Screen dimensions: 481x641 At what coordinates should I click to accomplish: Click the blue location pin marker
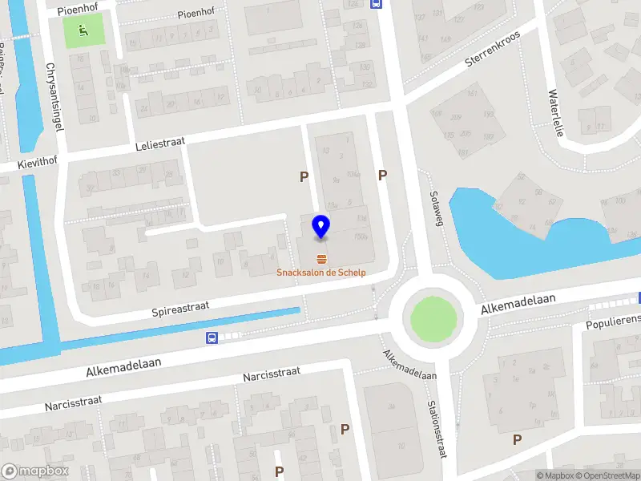(x=321, y=227)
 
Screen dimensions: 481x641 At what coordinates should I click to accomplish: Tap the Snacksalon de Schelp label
(x=321, y=273)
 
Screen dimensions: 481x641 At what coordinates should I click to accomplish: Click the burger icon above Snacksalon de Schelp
(x=321, y=258)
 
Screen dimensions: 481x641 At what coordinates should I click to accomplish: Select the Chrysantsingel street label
(x=55, y=92)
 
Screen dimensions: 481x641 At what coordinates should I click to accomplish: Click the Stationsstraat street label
(x=438, y=428)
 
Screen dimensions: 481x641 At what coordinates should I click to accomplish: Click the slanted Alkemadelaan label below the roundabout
(x=409, y=366)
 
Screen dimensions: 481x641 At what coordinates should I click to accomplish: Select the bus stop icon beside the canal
(x=212, y=338)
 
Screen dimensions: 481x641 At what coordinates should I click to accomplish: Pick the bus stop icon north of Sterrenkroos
(x=375, y=3)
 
